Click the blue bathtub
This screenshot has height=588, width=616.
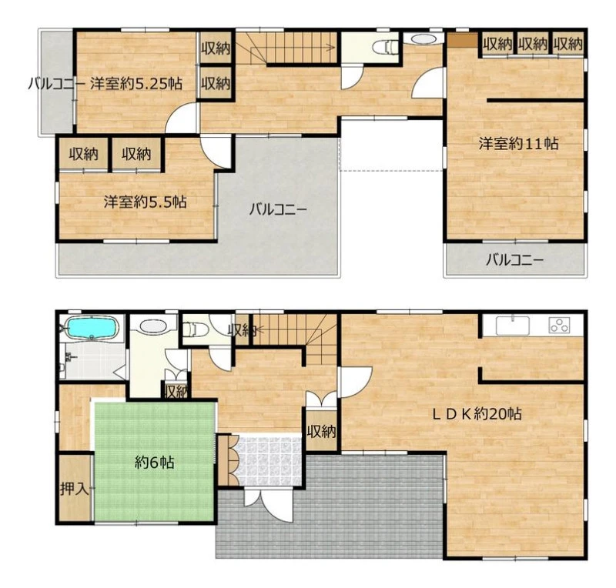point(92,327)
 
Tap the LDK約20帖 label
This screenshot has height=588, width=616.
point(477,413)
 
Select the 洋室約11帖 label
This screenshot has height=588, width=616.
point(518,143)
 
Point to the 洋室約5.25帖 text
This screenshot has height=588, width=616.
point(136,84)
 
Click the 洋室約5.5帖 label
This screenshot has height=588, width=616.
point(145,202)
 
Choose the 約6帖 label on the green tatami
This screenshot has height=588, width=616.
point(155,463)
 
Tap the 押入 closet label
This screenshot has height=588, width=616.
point(74,489)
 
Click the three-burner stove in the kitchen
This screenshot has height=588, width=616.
point(559,326)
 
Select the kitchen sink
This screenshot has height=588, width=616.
point(512,326)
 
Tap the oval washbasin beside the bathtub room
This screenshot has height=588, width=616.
point(153,326)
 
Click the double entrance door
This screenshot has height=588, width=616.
point(268,503)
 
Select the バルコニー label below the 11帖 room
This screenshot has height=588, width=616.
point(514,259)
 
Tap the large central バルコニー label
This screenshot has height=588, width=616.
point(278,209)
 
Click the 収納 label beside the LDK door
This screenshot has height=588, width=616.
point(322,432)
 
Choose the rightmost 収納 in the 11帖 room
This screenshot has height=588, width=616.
point(568,44)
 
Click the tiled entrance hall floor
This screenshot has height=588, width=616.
point(268,459)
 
